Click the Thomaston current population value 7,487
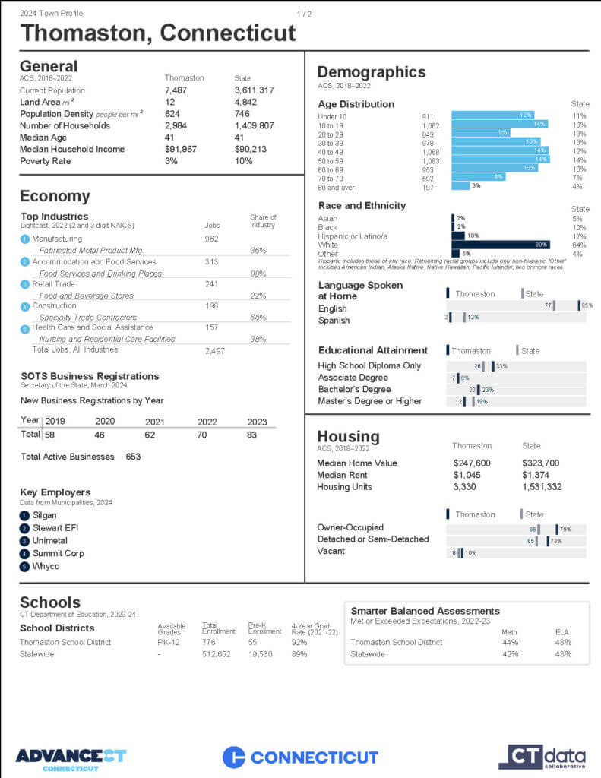pos(176,90)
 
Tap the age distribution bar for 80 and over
pos(460,186)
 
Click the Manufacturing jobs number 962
pos(211,239)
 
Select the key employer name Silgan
pos(44,515)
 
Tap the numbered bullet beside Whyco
pos(24,566)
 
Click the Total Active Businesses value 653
pos(133,457)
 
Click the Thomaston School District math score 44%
pos(510,643)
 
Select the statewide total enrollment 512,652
pos(217,654)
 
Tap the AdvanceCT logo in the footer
pos(70,757)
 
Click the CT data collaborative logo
pos(542,757)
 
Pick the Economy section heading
pos(55,196)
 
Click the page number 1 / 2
pos(304,14)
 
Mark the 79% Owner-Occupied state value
pos(565,529)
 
